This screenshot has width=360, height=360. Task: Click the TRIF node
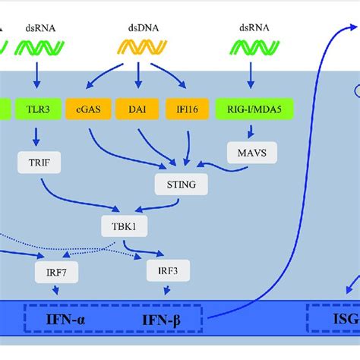click(37, 161)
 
